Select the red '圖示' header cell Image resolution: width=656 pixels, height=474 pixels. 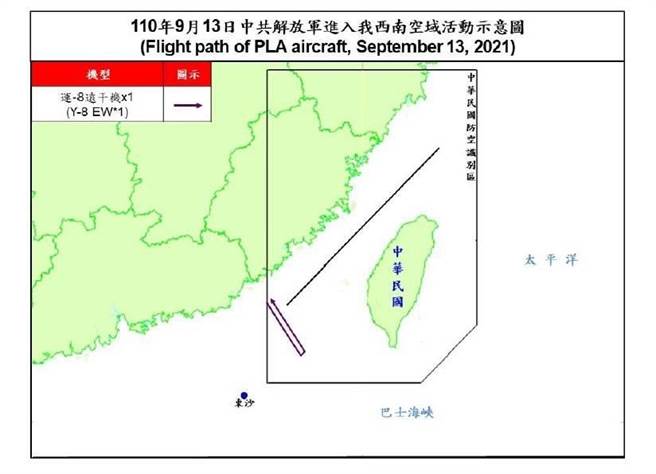pos(187,75)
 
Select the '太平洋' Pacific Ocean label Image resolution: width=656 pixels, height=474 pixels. pos(552,260)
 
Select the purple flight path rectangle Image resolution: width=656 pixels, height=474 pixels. pos(285,327)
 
